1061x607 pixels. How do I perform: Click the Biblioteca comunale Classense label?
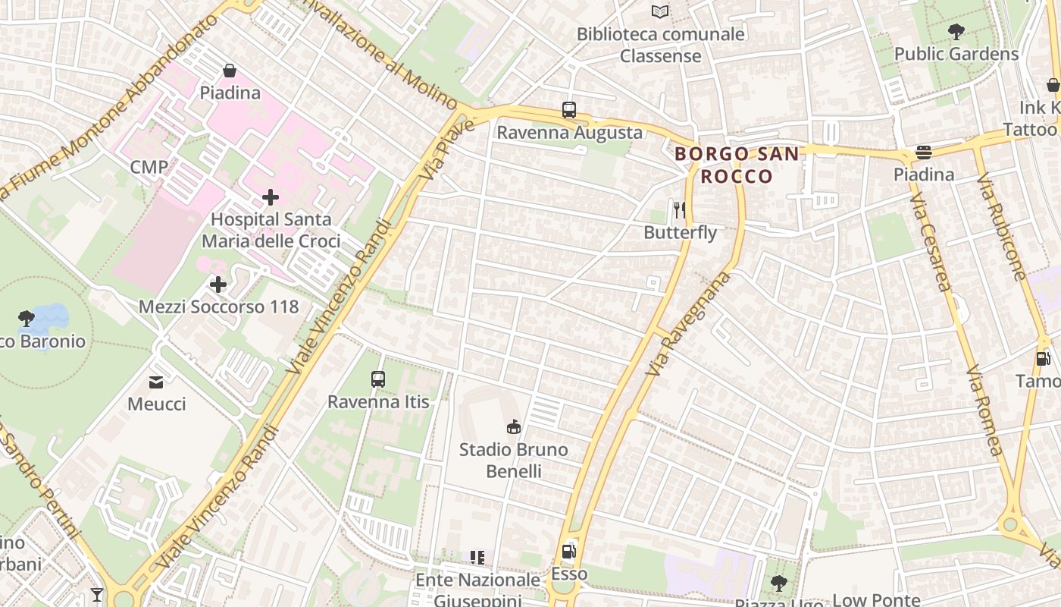[660, 45]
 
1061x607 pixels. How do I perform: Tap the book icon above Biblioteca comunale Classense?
[660, 11]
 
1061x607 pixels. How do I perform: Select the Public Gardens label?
[956, 54]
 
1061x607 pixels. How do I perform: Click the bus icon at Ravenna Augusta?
[569, 110]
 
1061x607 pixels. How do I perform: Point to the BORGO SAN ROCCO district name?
[736, 165]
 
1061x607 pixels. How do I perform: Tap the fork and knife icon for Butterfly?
[680, 209]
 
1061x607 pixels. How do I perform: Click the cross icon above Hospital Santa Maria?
[270, 197]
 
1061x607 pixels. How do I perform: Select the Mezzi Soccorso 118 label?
[218, 307]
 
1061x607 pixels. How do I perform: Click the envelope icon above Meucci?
[156, 382]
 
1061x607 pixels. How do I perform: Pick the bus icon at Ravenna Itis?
[377, 379]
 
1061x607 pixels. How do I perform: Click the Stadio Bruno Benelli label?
[513, 460]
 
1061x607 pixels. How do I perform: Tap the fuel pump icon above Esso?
[568, 552]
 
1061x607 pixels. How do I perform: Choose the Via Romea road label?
[984, 410]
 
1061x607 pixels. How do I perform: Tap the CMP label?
[149, 167]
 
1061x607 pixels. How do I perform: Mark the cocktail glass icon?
[97, 594]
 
